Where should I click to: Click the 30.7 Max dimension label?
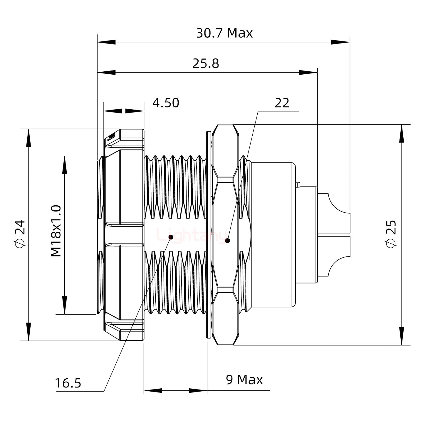224,33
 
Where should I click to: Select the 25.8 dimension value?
206,63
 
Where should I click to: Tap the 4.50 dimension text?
166,103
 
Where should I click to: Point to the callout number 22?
282,103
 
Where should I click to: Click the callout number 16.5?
68,383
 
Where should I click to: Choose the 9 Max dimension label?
244,380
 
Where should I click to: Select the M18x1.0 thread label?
56,231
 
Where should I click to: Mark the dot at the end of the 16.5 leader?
170,237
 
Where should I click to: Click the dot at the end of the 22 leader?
227,241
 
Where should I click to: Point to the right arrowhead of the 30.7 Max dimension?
341,42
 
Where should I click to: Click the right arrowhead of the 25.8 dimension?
308,72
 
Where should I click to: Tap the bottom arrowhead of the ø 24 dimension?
28,332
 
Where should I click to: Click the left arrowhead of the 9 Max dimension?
153,391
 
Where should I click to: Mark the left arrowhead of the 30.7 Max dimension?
106,42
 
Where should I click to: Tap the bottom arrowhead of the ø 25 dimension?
402,336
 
